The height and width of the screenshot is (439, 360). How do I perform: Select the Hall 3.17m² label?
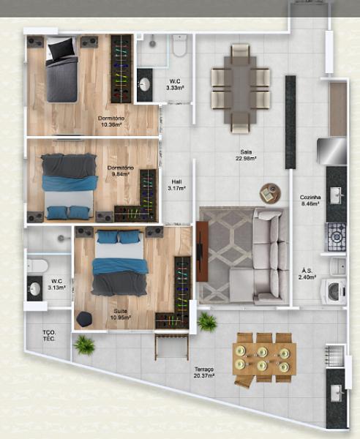click(x=176, y=186)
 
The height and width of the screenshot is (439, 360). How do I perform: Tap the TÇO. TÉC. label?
click(x=49, y=336)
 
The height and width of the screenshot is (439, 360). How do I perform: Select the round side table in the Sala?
click(x=270, y=193)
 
